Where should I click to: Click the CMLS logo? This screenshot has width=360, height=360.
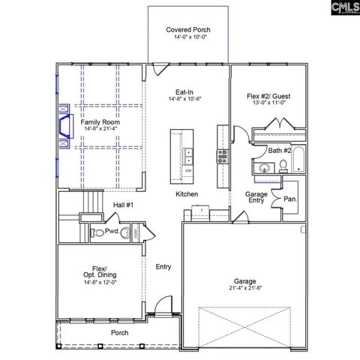(x=341, y=8)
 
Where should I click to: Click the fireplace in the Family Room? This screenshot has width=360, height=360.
(x=62, y=124)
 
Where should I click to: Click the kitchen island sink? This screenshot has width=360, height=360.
(x=188, y=156)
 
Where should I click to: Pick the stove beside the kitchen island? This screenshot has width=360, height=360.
(x=222, y=155)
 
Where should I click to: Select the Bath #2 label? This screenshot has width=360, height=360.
(x=280, y=151)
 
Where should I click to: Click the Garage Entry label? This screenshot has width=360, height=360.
(x=256, y=197)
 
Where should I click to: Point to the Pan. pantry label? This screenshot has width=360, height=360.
(x=289, y=200)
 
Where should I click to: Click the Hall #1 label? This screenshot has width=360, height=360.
(x=123, y=205)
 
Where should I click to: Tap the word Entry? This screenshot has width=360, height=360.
(x=163, y=266)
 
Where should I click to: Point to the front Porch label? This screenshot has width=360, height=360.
(x=119, y=332)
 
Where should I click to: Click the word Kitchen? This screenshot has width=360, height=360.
(x=187, y=194)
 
